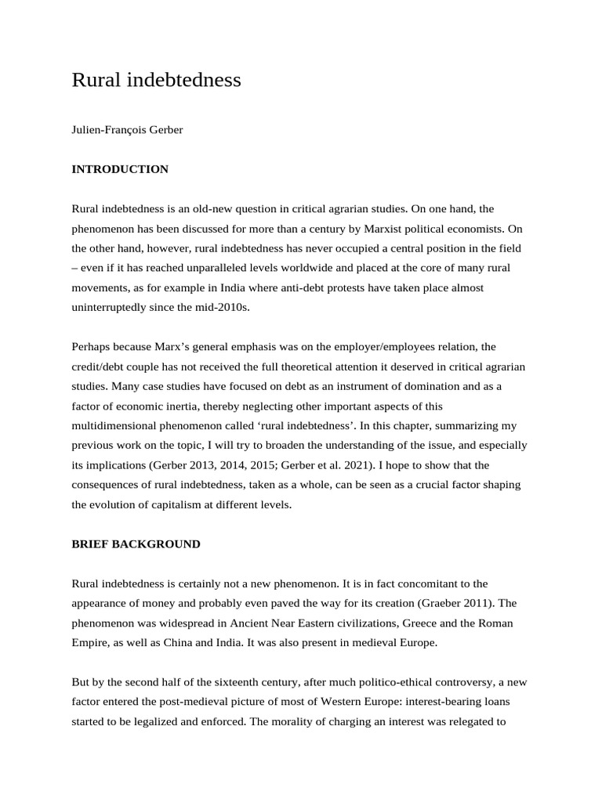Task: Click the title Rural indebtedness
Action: (156, 80)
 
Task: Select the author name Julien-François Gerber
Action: (127, 129)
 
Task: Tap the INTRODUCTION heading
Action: (120, 169)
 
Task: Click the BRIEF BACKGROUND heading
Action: (136, 544)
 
